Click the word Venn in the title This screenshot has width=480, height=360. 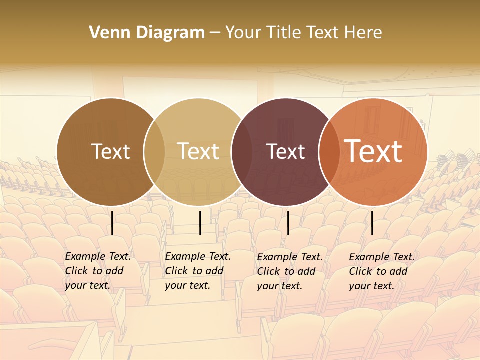coord(106,33)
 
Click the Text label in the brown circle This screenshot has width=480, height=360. coord(110,151)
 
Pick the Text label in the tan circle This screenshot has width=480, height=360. coord(198,151)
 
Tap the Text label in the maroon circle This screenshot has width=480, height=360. coord(285,151)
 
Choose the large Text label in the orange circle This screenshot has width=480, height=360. coord(373,151)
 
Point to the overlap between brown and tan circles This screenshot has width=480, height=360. coord(154,152)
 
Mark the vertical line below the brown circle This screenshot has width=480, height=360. coord(112,223)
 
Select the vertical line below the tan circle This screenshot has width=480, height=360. coord(200,223)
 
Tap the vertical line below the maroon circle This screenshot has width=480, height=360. coord(288,223)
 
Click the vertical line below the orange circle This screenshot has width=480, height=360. coord(372,223)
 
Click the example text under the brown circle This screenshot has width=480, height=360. coord(97,271)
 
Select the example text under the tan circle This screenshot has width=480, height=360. coord(197,271)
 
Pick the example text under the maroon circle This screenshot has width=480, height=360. coord(289,271)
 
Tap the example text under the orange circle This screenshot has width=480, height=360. coord(381,271)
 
